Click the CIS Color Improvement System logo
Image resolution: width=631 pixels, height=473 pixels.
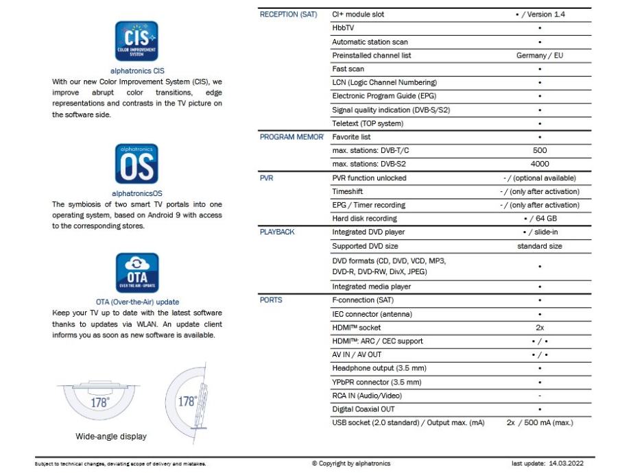tap(137, 41)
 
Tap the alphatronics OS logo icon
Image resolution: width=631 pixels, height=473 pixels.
tap(137, 165)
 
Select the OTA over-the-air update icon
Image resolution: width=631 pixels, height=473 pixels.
tap(137, 273)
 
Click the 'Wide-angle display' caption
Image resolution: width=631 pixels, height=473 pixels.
tap(111, 436)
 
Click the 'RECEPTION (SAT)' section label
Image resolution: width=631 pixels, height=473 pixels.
tap(289, 14)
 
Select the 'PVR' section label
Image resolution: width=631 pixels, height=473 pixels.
tap(267, 178)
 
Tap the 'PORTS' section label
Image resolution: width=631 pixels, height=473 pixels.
tap(272, 300)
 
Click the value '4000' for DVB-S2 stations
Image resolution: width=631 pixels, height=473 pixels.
tap(540, 164)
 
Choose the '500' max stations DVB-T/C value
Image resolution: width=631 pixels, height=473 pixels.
tap(540, 150)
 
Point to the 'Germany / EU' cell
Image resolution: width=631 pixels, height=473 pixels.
tap(540, 56)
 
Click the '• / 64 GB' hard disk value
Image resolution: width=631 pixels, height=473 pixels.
tap(540, 219)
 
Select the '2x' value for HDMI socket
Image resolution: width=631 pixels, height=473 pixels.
tap(540, 328)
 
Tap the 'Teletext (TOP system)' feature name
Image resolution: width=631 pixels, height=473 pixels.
tap(368, 123)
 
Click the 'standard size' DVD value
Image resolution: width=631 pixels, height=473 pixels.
tap(540, 246)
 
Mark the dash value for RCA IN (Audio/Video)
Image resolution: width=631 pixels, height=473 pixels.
tap(540, 396)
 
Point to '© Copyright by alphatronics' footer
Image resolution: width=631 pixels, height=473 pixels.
tap(351, 464)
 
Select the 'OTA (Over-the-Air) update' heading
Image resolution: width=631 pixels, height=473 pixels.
tap(137, 302)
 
